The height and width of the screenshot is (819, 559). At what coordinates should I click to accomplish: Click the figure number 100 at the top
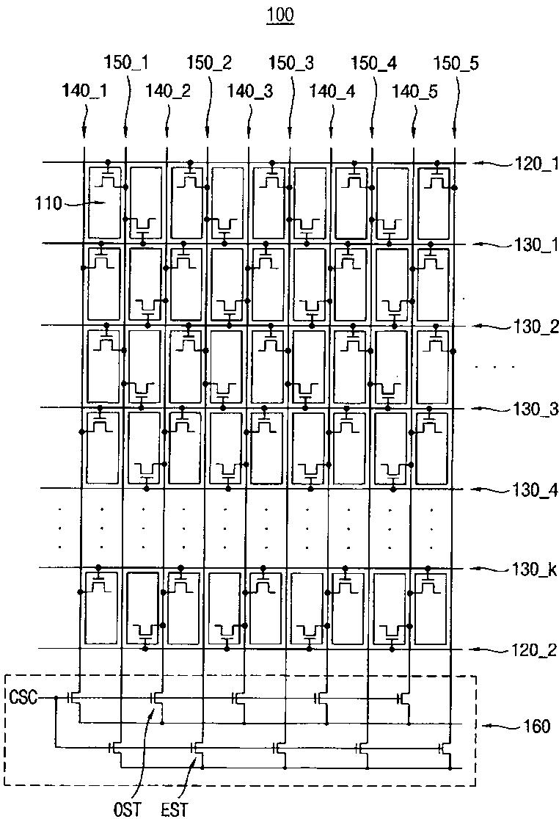[x=279, y=15]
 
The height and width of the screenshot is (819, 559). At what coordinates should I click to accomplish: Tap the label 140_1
[x=85, y=91]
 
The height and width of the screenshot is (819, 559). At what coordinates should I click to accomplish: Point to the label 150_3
[x=292, y=63]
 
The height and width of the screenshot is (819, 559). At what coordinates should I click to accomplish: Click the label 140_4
[x=332, y=91]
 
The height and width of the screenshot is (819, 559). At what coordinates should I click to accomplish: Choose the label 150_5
[x=456, y=63]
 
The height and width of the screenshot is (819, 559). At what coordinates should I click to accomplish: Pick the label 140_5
[x=414, y=91]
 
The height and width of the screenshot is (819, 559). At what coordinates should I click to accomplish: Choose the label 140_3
[x=249, y=91]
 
